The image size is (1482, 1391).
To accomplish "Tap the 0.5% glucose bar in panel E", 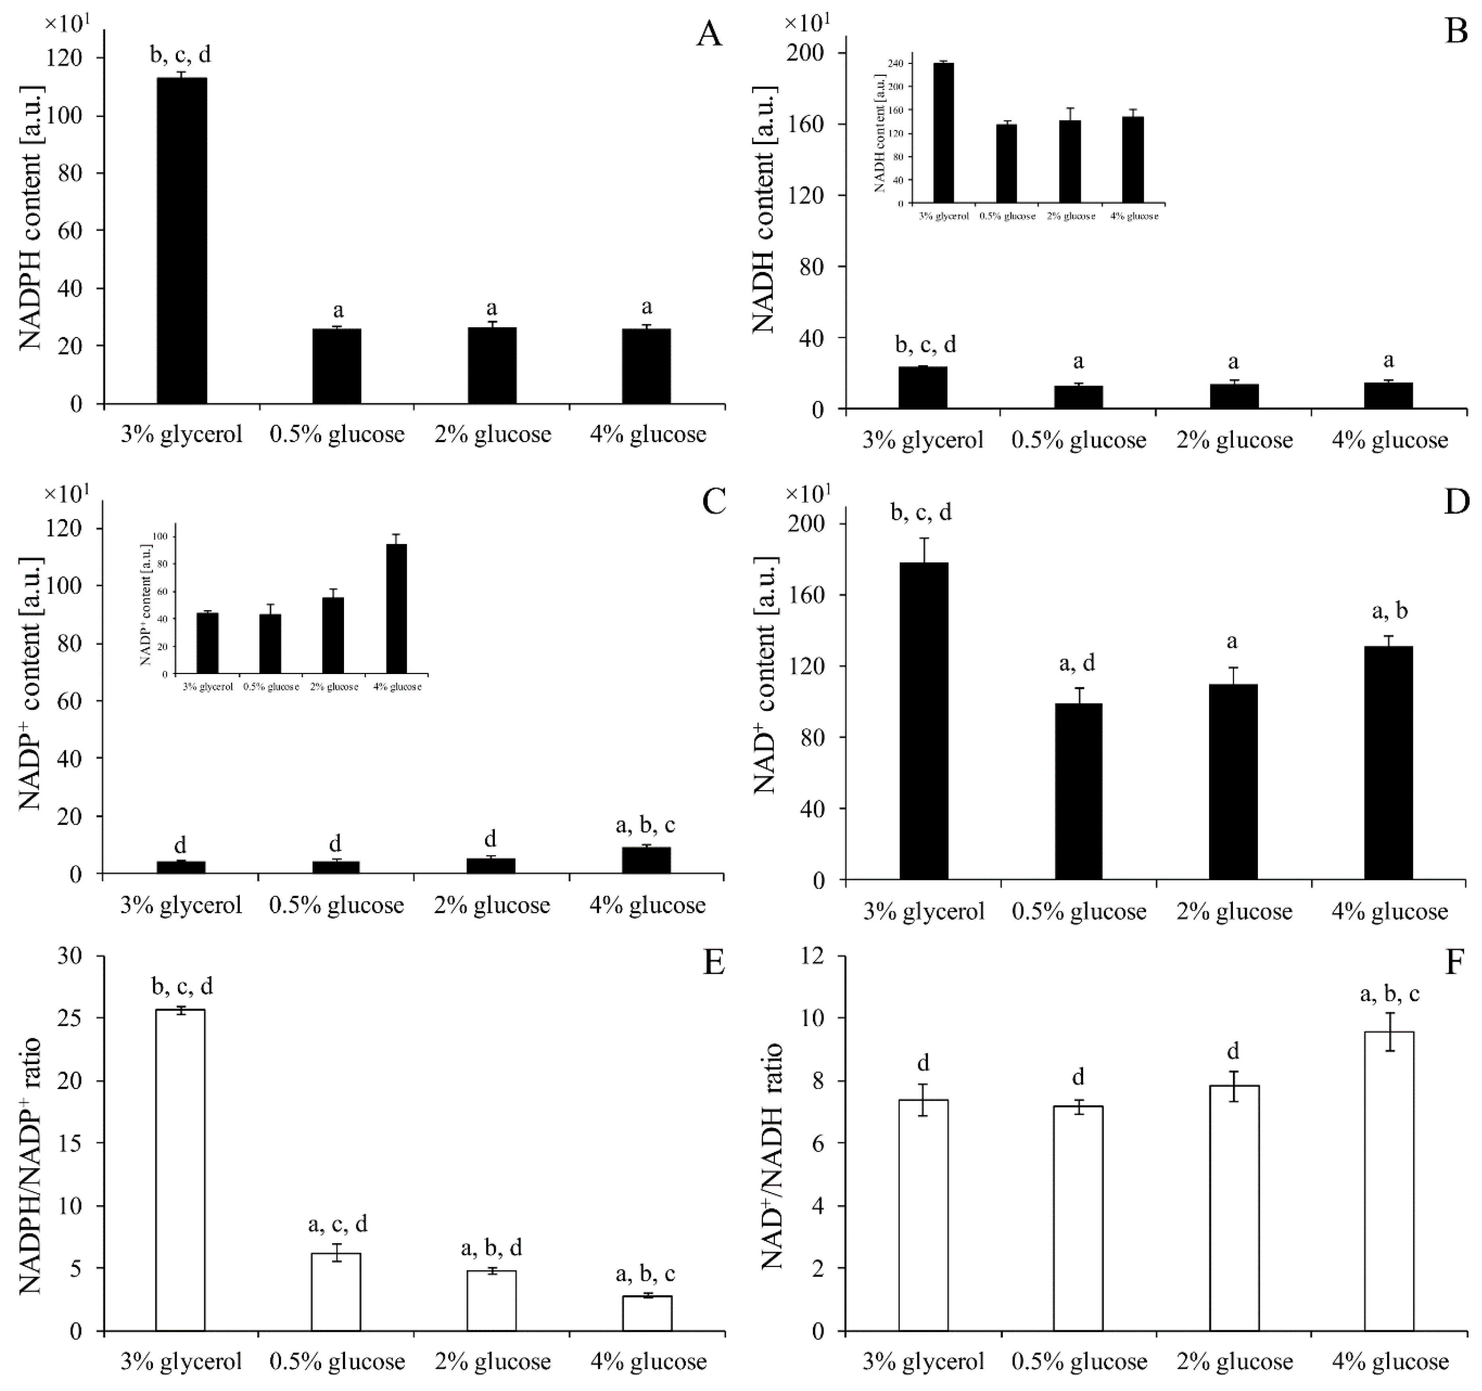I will pyautogui.click(x=336, y=1291).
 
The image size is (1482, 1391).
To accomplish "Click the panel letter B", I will pyautogui.click(x=1455, y=33).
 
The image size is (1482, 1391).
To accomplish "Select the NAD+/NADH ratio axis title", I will pyautogui.click(x=772, y=1155).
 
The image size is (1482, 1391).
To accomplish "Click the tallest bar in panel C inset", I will pyautogui.click(x=396, y=608).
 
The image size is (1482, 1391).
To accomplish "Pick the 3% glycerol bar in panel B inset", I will pyautogui.click(x=943, y=133).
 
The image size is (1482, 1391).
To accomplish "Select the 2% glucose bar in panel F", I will pyautogui.click(x=1234, y=1207).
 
